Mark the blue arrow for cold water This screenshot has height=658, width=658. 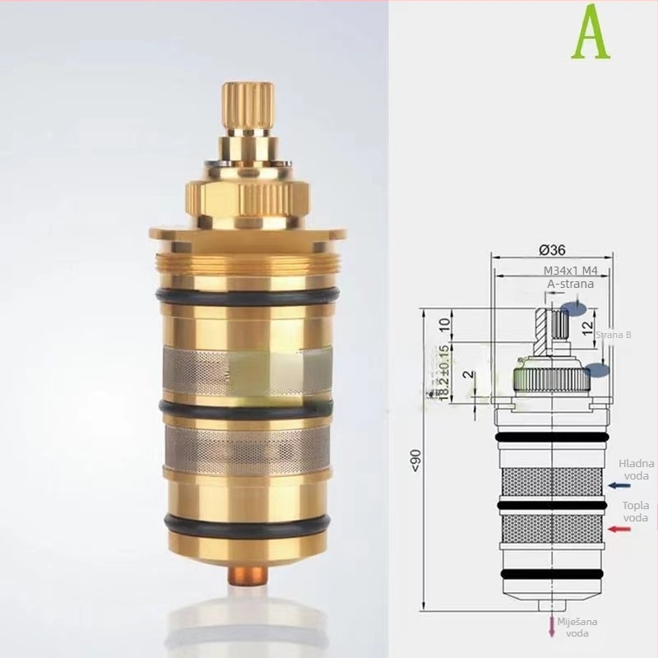(619, 485)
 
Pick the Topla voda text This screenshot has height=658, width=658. (634, 512)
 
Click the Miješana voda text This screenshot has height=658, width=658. (577, 627)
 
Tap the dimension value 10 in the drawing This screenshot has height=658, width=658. (445, 322)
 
